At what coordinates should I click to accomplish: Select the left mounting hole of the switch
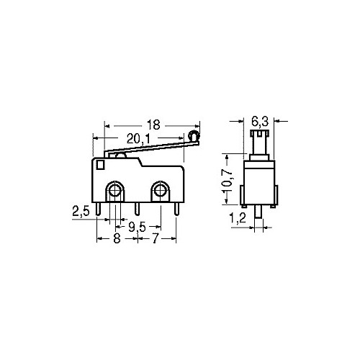point(114,191)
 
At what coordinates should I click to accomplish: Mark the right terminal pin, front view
point(176,210)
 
